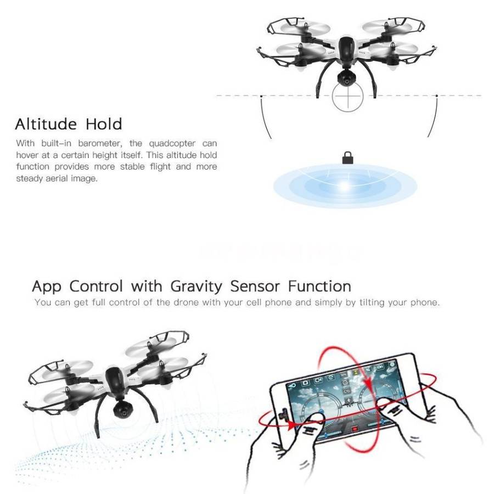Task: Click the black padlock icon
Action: click(x=347, y=159)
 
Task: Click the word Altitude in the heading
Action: click(x=47, y=123)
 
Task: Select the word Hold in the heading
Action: click(x=104, y=123)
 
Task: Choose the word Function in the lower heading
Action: click(x=321, y=286)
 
